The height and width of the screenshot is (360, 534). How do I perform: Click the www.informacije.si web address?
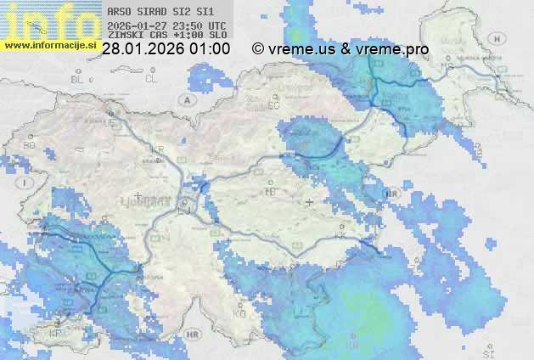click(x=50, y=45)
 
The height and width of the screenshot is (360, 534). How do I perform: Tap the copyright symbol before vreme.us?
click(x=258, y=50)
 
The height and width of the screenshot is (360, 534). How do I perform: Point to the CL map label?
click(x=152, y=79)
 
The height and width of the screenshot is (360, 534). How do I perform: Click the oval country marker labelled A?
click(x=186, y=99)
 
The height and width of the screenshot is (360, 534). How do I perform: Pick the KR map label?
click(x=156, y=149)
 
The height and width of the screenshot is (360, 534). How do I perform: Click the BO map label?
click(x=29, y=145)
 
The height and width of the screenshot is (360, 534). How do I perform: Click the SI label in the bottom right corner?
click(x=488, y=351)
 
